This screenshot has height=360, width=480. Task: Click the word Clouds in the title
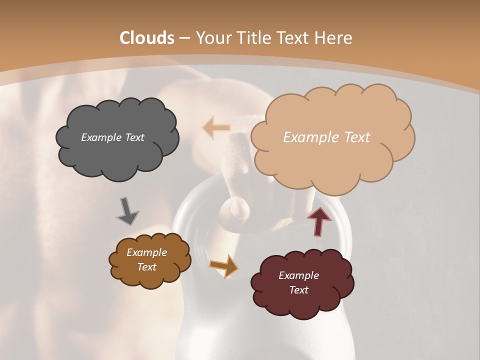147,37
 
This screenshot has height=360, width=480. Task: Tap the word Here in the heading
333,37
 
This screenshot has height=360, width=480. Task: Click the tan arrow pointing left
216,127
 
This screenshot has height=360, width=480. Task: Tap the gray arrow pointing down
127,211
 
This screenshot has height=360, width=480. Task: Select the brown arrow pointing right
224,265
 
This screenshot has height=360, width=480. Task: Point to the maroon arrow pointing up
319,221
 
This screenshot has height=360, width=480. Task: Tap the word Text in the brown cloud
147,267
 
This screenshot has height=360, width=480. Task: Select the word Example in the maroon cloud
298,275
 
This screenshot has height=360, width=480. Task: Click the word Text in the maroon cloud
298,290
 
